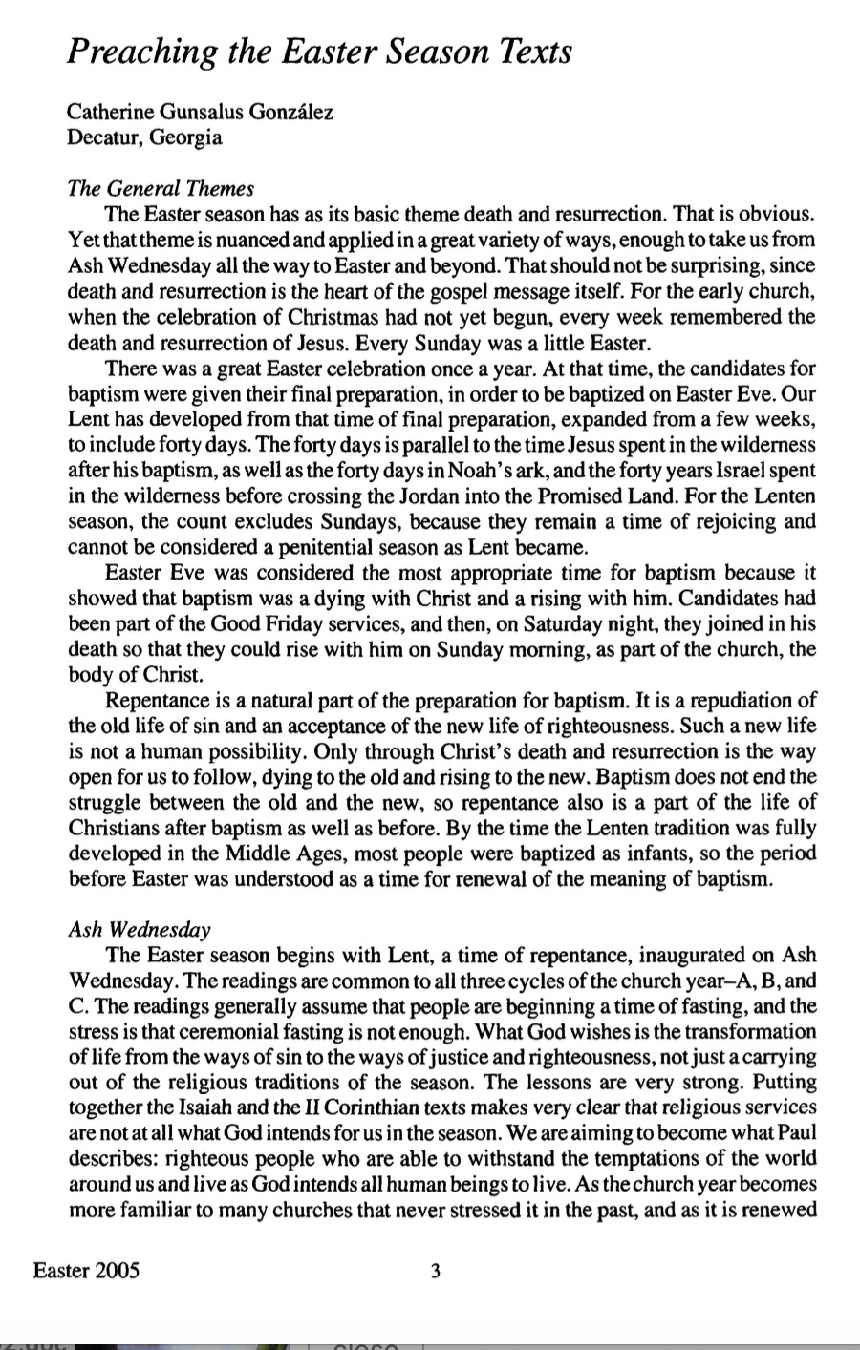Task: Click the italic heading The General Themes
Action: [161, 188]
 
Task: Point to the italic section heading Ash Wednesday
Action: [140, 929]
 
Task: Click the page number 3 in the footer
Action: [435, 1272]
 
